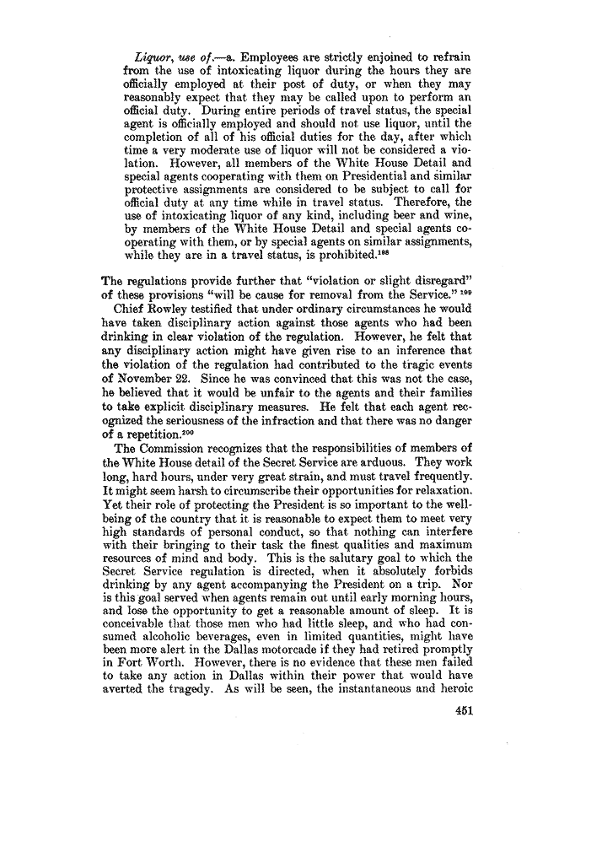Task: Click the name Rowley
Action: pos(171,309)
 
